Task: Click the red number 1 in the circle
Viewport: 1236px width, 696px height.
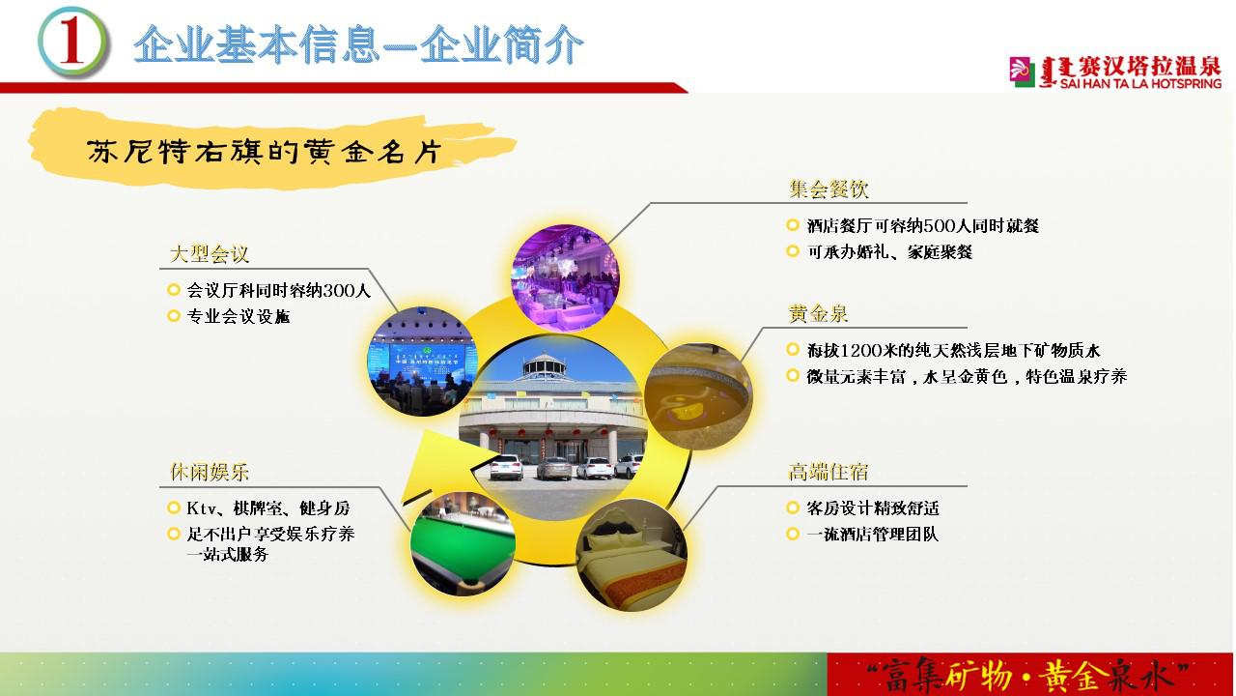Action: click(72, 41)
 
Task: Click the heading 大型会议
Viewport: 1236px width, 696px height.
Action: click(210, 254)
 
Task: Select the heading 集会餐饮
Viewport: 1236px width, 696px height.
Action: click(829, 188)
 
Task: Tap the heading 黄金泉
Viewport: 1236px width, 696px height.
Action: click(818, 314)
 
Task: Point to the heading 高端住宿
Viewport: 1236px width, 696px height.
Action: click(829, 473)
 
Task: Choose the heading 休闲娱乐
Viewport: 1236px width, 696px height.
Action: click(210, 473)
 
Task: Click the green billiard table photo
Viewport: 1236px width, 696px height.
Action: click(463, 544)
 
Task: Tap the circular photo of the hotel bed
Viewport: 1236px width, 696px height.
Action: click(632, 555)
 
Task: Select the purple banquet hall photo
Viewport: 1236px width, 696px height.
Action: click(566, 277)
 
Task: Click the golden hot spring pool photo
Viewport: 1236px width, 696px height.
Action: click(699, 396)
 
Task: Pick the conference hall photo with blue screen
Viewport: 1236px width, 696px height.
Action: click(423, 362)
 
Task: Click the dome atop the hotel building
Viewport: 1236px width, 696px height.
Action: click(545, 364)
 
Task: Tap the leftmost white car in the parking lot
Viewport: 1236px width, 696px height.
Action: click(505, 467)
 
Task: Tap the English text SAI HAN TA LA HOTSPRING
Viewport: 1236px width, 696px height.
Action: click(1140, 83)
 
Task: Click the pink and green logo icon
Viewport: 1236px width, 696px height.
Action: click(1022, 72)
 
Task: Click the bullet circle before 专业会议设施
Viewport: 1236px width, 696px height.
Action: click(174, 316)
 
